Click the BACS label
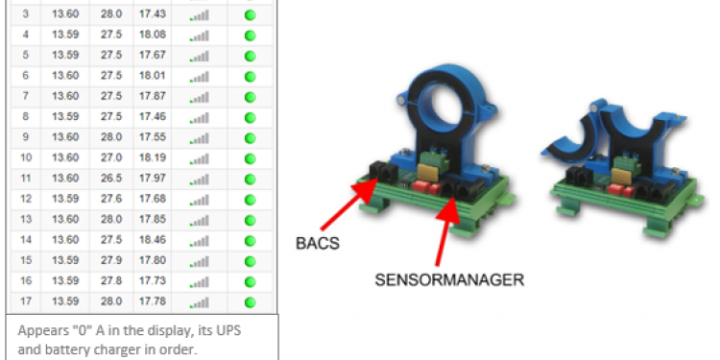(318, 243)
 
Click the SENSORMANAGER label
(449, 279)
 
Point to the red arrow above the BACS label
(349, 204)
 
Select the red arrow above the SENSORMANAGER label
(445, 231)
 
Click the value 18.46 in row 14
(153, 240)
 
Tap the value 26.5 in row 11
(111, 179)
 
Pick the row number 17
(26, 301)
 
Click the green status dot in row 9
(250, 138)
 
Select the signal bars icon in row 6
(200, 77)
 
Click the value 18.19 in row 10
(153, 158)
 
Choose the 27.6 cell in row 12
(111, 199)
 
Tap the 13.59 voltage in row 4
(65, 35)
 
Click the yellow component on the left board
(427, 173)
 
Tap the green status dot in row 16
(250, 282)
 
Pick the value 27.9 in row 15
(111, 260)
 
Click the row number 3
(25, 14)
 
